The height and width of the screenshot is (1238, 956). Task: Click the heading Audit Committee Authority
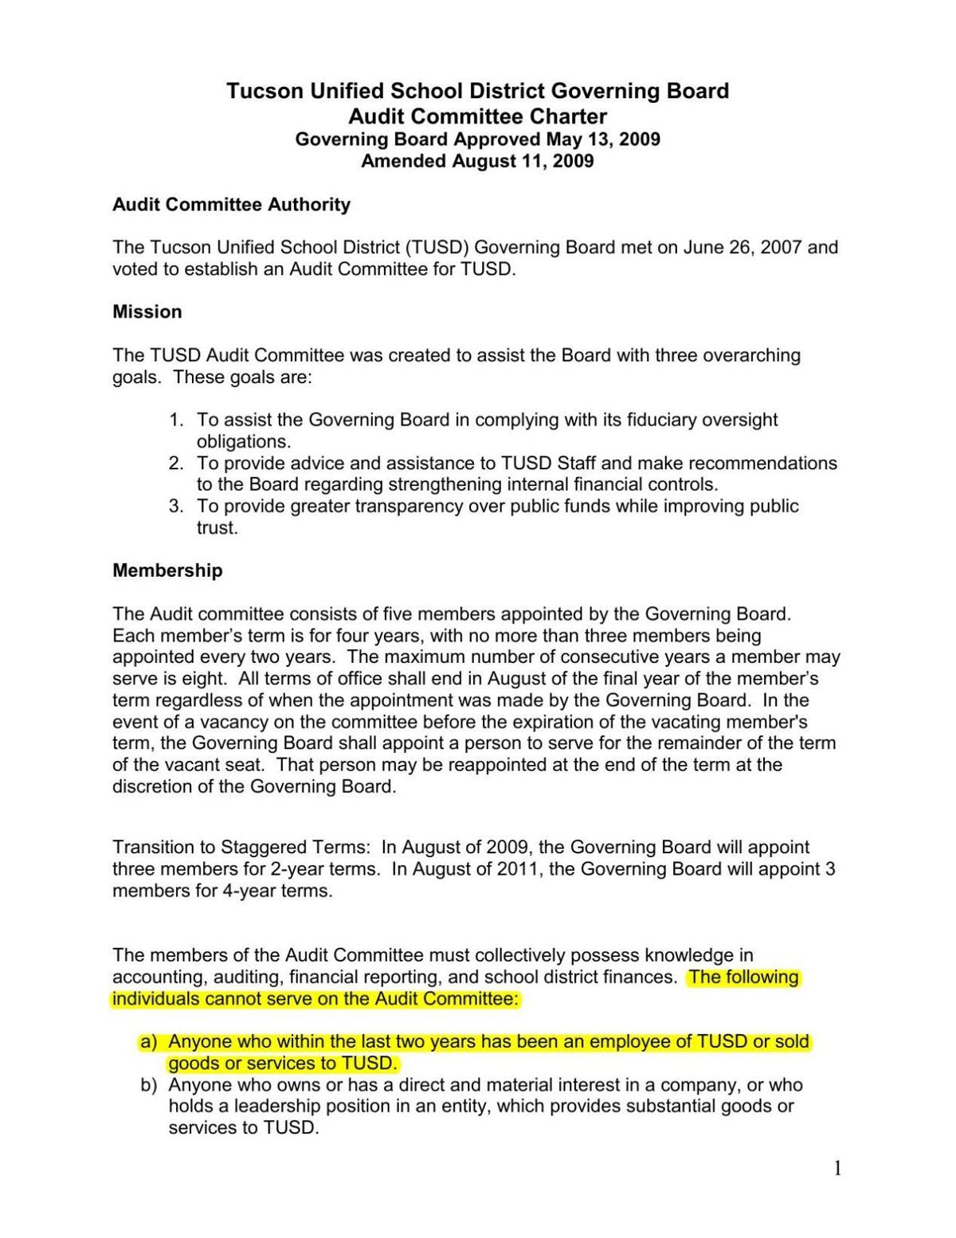pyautogui.click(x=231, y=205)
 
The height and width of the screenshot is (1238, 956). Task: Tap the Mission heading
pyautogui.click(x=147, y=311)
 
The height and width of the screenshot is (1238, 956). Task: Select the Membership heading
pyautogui.click(x=167, y=570)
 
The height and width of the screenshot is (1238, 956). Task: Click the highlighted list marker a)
pyautogui.click(x=148, y=1042)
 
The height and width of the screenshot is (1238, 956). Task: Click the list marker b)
pyautogui.click(x=148, y=1085)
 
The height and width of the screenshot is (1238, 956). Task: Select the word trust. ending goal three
pyautogui.click(x=217, y=527)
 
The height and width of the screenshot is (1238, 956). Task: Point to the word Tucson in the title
pyautogui.click(x=264, y=91)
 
